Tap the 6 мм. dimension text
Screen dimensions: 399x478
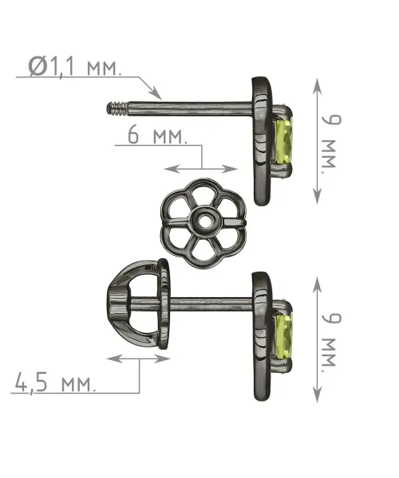[x=157, y=135]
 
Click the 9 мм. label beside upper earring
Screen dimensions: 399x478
[x=331, y=142]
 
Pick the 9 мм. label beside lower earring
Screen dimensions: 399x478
[x=331, y=340]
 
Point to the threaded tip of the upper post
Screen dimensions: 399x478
[x=117, y=108]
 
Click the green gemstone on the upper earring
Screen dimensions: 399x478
[x=285, y=142]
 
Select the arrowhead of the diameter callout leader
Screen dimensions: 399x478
[x=156, y=93]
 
